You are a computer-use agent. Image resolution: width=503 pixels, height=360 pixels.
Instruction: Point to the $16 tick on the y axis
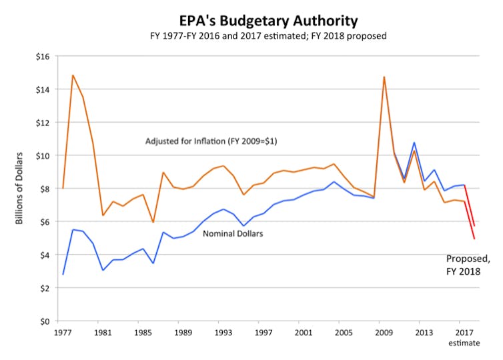[43, 56]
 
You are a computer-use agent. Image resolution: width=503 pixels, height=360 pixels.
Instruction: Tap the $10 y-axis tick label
[43, 155]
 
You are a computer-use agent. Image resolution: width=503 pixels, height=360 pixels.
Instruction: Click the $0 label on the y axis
[46, 321]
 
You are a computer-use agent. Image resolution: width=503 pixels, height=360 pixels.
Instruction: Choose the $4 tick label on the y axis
[46, 255]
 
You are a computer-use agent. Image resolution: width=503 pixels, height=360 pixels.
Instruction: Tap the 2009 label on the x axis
[382, 331]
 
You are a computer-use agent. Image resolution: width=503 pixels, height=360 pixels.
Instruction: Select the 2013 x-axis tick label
[422, 331]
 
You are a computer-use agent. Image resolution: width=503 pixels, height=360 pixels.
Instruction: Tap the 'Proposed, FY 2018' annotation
[462, 265]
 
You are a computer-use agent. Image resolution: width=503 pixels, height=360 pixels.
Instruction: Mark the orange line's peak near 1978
[73, 75]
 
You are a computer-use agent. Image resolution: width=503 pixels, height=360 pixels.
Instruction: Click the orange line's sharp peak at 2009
[384, 77]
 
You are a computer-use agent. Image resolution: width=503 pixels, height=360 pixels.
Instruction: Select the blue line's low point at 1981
[103, 270]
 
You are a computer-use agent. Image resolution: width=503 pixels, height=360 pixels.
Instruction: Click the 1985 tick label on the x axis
[143, 331]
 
